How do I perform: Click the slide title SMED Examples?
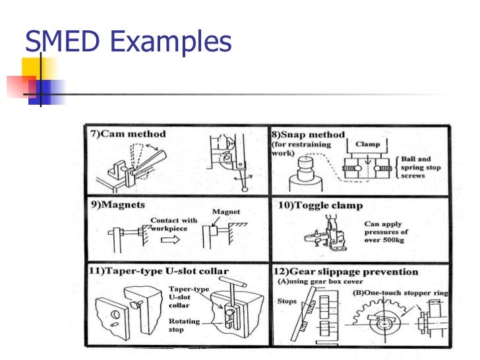tap(129, 42)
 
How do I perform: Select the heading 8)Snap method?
tap(308, 135)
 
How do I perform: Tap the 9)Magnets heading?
tap(117, 204)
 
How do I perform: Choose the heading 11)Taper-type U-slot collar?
tap(158, 271)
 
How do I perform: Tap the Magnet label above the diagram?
tap(225, 212)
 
